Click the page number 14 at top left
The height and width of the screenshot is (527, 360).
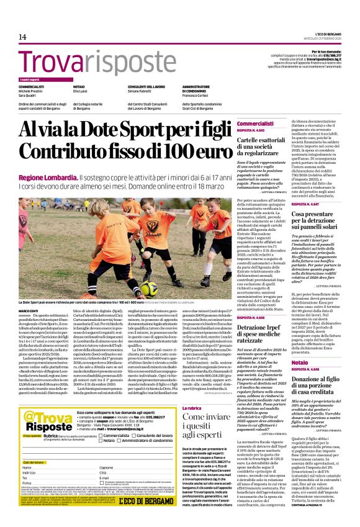click(23, 38)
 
